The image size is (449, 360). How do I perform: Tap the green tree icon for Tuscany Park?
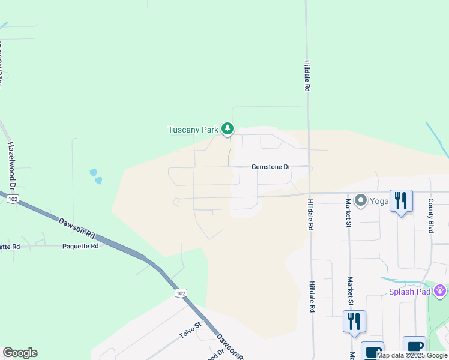227,128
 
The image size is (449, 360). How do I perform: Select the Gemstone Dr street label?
270,167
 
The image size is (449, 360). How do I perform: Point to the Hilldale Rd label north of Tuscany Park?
306,76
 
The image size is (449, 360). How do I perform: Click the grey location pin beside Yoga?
360,200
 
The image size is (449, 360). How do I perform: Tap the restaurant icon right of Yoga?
402,201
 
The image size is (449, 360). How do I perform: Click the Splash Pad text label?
411,292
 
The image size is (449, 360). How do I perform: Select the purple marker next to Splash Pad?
441,291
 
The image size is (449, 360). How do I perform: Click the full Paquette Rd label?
80,246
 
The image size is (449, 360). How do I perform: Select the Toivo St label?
191,329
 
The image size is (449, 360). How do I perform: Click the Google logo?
20,353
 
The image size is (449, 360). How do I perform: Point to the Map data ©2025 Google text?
412,355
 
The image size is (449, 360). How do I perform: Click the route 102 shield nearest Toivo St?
181,293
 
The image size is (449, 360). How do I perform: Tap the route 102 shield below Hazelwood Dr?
13,198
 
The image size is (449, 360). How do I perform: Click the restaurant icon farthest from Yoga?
354,321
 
